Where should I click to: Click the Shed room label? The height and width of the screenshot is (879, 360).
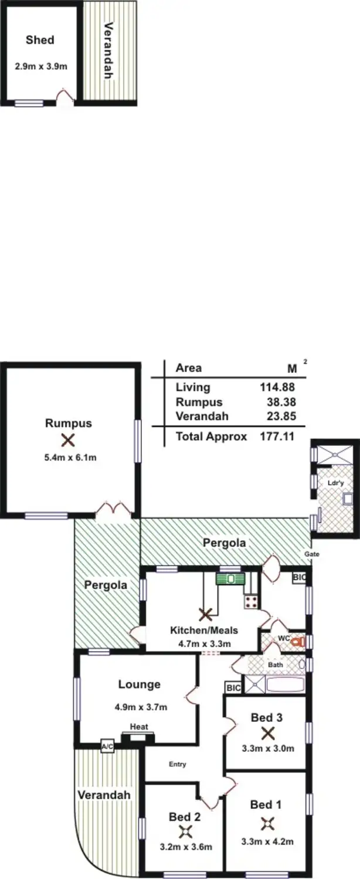click(40, 40)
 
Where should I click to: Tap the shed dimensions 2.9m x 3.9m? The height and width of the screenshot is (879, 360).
click(41, 67)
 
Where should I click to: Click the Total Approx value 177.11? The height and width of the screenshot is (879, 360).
click(276, 436)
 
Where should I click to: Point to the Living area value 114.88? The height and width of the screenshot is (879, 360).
click(276, 387)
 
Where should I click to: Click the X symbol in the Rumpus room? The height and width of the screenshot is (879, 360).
click(69, 439)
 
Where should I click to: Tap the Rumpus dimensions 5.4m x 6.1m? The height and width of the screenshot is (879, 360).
click(69, 457)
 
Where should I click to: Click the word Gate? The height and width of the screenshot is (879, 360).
click(311, 554)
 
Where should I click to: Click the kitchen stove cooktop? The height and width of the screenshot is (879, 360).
click(252, 601)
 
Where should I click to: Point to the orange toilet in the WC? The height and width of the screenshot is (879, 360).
click(298, 643)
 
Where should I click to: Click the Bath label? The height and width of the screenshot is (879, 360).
click(276, 665)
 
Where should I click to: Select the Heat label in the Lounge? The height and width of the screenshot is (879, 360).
click(139, 727)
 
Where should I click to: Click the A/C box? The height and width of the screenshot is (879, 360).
click(107, 747)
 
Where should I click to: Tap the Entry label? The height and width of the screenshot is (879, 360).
click(178, 764)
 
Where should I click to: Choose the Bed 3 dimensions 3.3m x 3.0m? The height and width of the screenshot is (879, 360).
click(267, 748)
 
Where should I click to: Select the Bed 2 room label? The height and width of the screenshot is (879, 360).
click(181, 816)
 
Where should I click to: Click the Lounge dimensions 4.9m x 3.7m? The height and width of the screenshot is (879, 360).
click(141, 707)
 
